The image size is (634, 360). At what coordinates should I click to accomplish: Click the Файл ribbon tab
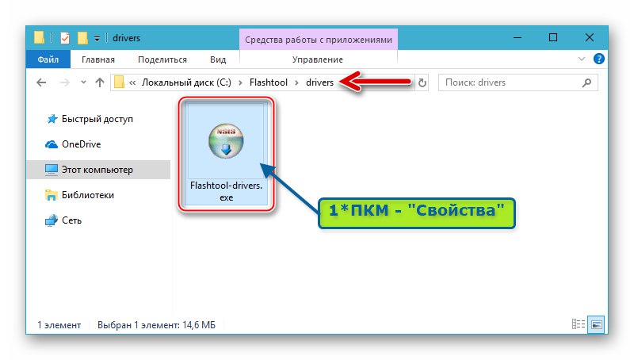pyautogui.click(x=48, y=59)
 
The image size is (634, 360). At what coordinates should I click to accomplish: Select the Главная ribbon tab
pyautogui.click(x=98, y=59)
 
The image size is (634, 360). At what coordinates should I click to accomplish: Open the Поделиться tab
pyautogui.click(x=162, y=59)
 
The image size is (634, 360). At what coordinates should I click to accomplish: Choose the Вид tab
pyautogui.click(x=218, y=59)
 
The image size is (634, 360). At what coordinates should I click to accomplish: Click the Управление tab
pyautogui.click(x=318, y=59)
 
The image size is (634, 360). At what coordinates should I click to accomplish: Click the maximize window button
pyautogui.click(x=553, y=37)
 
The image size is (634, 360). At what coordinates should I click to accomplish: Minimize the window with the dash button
pyautogui.click(x=518, y=37)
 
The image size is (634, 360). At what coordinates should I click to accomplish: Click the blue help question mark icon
pyautogui.click(x=599, y=59)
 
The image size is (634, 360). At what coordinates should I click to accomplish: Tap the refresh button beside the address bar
pyautogui.click(x=422, y=82)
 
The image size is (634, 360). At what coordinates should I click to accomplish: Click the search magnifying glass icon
pyautogui.click(x=586, y=82)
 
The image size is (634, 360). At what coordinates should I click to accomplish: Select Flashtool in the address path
pyautogui.click(x=269, y=82)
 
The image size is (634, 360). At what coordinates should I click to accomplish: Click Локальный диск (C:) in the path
pyautogui.click(x=186, y=82)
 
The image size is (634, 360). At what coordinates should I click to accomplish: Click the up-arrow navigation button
pyautogui.click(x=100, y=82)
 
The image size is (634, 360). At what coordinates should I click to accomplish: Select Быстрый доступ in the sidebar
pyautogui.click(x=97, y=119)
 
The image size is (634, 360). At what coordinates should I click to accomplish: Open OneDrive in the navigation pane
pyautogui.click(x=82, y=144)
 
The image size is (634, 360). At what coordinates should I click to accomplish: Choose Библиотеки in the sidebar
pyautogui.click(x=88, y=195)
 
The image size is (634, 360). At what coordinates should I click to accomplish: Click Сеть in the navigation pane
pyautogui.click(x=71, y=220)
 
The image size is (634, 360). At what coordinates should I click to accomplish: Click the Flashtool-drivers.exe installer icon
pyautogui.click(x=226, y=141)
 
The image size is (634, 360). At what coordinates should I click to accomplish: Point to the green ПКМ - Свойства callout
pyautogui.click(x=417, y=213)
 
